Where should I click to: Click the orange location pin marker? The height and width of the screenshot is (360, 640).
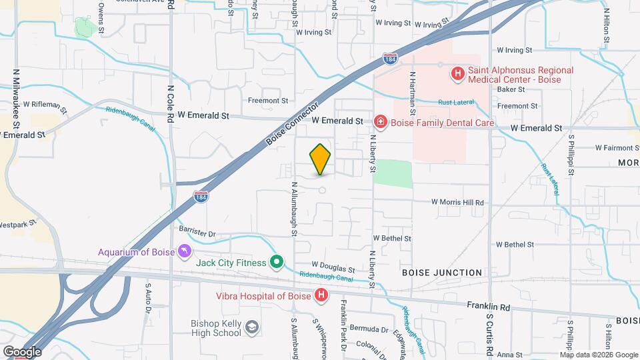click(320, 159)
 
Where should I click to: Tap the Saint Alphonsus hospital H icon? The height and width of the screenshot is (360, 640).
click(458, 74)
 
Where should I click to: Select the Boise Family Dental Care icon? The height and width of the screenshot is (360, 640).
click(380, 122)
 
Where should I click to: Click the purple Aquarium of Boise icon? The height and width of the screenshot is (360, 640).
click(185, 251)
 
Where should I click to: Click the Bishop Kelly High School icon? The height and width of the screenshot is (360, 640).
click(251, 327)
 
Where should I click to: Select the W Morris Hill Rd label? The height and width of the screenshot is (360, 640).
click(457, 202)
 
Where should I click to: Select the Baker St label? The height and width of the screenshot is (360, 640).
click(511, 89)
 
